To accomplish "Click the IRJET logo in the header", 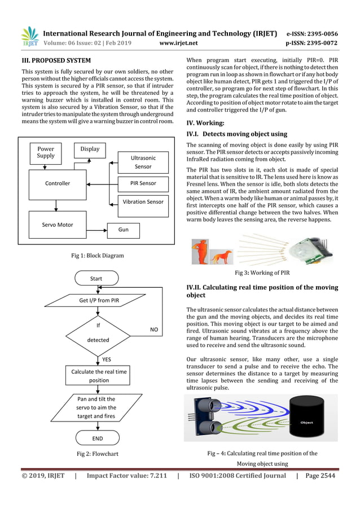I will pyautogui.click(x=29, y=37).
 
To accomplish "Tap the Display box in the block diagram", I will pyautogui.click(x=90, y=150).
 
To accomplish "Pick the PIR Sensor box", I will pyautogui.click(x=139, y=183).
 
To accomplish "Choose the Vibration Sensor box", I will pyautogui.click(x=143, y=202).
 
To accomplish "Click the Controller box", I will pyautogui.click(x=58, y=183).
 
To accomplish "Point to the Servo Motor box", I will pyautogui.click(x=58, y=224).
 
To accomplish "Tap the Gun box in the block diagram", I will pyautogui.click(x=124, y=230).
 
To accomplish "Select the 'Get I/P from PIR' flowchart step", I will pyautogui.click(x=95, y=300).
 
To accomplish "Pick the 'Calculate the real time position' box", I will pyautogui.click(x=99, y=376).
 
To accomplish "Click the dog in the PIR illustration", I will pyautogui.click(x=221, y=257).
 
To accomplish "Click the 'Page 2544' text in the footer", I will pyautogui.click(x=320, y=476).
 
